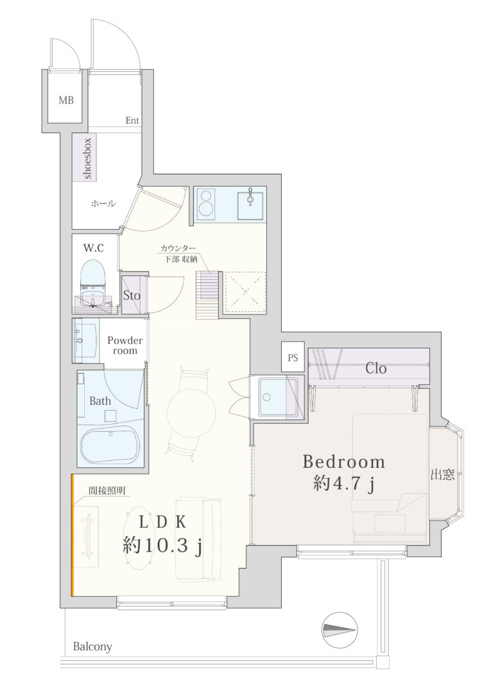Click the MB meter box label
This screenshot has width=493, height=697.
pos(66,101)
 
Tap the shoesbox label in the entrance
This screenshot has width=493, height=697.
pos(87,159)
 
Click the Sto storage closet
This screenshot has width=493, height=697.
pos(132,295)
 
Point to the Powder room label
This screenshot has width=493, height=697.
pos(125,345)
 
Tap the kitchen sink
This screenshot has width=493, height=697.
pos(250,203)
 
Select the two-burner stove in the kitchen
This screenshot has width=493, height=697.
pos(206,203)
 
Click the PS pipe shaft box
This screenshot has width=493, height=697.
pos(293,357)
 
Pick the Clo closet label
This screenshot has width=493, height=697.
pos(376,368)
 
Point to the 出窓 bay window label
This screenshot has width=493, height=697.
pos(443,475)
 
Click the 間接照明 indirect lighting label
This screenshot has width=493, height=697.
pos(107,491)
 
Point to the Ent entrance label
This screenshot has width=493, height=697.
pos(132,121)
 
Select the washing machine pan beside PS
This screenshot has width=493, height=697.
pos(278,397)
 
